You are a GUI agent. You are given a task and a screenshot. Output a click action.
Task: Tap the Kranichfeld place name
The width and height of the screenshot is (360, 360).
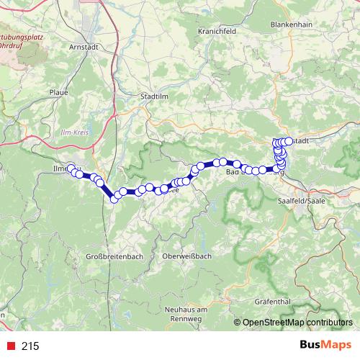click(x=217, y=32)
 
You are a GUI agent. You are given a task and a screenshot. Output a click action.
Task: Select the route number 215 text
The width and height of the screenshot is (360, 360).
click(x=30, y=346)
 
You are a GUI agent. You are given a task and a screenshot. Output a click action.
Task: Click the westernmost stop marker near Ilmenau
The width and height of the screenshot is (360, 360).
click(x=71, y=168)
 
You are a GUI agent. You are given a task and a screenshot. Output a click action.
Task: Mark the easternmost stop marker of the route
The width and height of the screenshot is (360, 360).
click(x=289, y=141)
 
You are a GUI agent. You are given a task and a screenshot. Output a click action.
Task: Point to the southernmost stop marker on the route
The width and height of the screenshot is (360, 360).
click(x=114, y=199)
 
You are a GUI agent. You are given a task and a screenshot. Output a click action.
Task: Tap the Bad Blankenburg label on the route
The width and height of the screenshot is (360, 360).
click(x=238, y=174)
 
